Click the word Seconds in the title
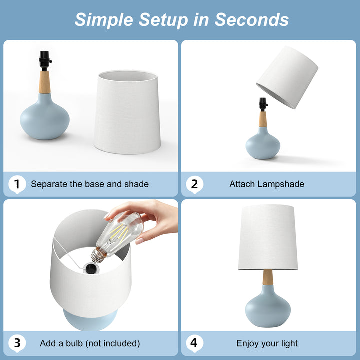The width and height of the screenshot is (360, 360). [x=252, y=19]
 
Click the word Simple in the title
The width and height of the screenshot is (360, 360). [x=103, y=19]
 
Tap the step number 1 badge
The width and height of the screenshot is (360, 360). [x=17, y=184]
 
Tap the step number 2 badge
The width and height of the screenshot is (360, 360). [x=195, y=184]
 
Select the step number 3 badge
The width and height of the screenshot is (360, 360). [x=17, y=343]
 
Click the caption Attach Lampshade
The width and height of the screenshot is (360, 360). [x=267, y=184]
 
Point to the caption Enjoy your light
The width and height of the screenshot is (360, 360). [x=267, y=343]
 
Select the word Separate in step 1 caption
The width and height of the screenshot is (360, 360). [x=49, y=184]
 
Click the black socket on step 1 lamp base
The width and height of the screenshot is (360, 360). [x=45, y=61]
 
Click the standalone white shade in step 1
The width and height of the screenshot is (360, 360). [x=127, y=112]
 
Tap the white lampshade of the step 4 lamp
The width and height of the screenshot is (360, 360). [x=268, y=237]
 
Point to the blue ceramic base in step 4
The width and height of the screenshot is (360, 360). [x=268, y=307]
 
